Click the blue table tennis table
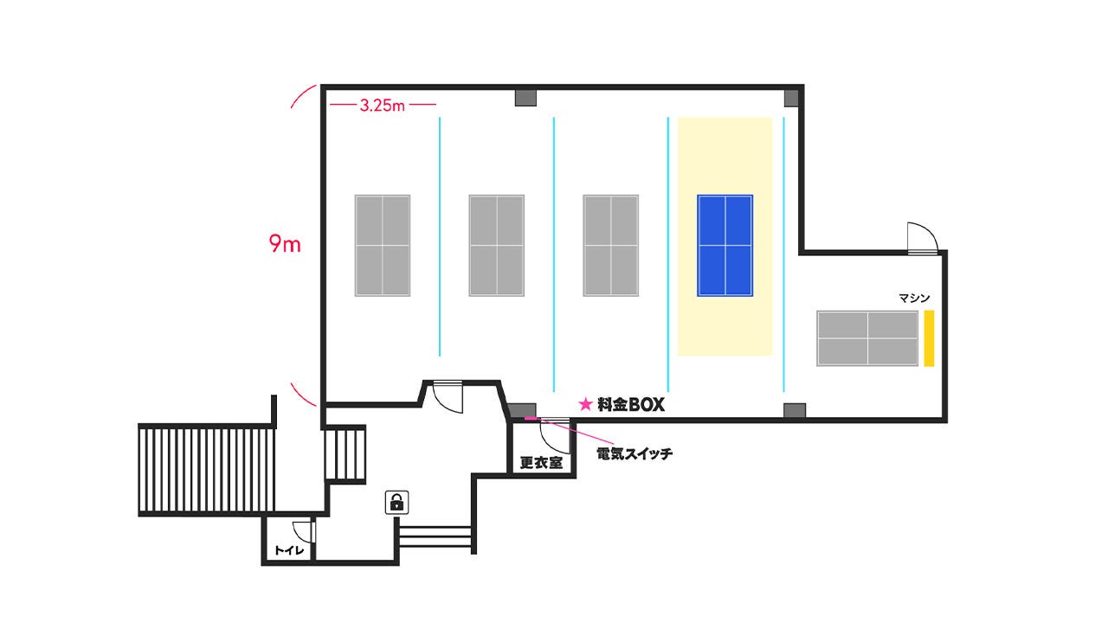(725, 246)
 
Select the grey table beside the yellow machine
(867, 338)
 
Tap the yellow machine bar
(929, 337)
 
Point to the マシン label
(914, 299)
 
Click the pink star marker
(585, 404)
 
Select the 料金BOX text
(631, 404)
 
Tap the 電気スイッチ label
(635, 453)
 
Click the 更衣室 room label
(541, 463)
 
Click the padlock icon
(396, 501)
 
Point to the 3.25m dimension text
(383, 106)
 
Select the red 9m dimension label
(285, 245)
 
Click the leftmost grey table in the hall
(382, 246)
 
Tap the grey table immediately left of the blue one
(610, 246)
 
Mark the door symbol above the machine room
(921, 238)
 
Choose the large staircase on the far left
(206, 470)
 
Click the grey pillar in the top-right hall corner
(791, 97)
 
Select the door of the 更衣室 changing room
(554, 435)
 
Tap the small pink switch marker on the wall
(531, 420)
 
